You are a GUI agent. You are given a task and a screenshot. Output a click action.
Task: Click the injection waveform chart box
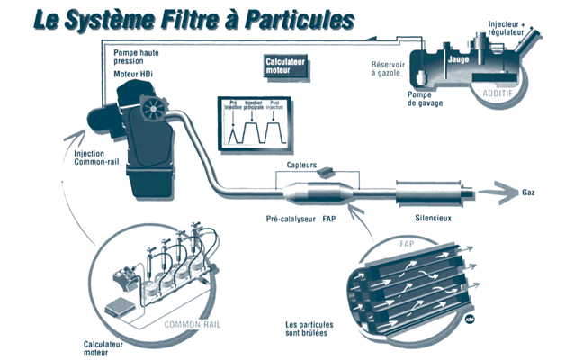click(x=254, y=123)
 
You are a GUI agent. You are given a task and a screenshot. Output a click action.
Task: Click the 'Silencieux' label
click(x=433, y=219)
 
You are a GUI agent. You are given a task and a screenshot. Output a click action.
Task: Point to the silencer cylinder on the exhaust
click(x=429, y=192)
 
